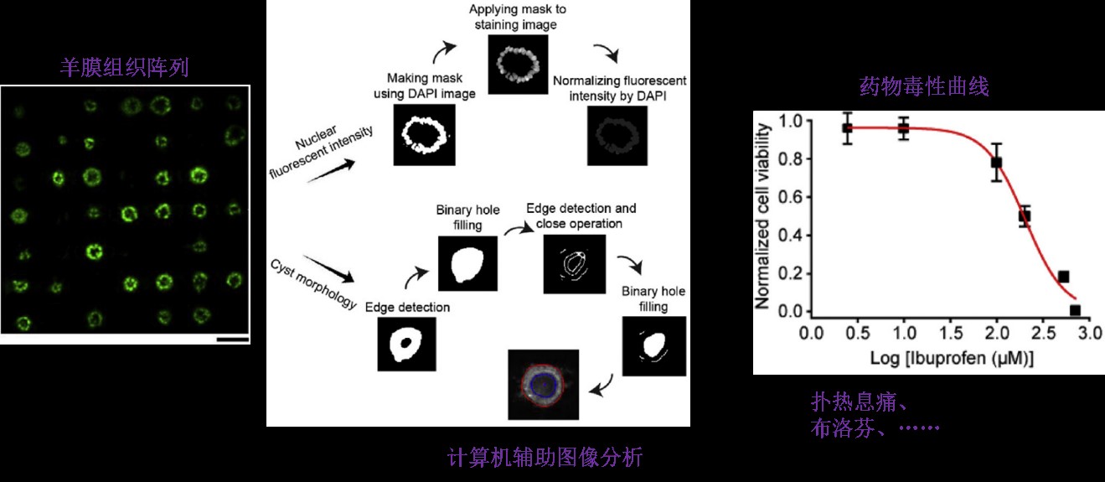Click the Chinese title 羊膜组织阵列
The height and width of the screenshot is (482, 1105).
tap(124, 67)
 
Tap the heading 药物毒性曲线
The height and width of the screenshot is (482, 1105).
tap(924, 86)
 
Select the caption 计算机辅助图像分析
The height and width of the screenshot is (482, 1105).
tap(545, 457)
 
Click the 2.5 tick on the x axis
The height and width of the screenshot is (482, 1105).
tap(1043, 334)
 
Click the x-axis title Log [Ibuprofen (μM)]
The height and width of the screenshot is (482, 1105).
tap(951, 358)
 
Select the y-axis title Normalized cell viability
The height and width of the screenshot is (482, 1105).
tap(762, 216)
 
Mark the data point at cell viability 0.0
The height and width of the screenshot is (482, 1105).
tap(1075, 311)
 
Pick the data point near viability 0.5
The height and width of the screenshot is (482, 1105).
tap(1025, 216)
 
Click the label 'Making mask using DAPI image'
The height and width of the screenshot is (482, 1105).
tap(424, 86)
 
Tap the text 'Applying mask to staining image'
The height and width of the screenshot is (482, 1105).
tap(517, 17)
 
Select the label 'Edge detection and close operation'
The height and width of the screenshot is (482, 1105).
tap(581, 215)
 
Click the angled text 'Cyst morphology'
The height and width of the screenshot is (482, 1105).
tap(314, 284)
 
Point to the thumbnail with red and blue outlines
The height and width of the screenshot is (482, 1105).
tap(544, 385)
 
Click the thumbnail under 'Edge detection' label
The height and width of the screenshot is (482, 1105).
tap(406, 344)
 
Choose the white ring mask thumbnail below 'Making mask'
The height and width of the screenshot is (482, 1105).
tap(424, 134)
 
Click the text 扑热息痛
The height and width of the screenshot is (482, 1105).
tap(854, 402)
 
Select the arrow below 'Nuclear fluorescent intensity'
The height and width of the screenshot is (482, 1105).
tap(331, 171)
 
